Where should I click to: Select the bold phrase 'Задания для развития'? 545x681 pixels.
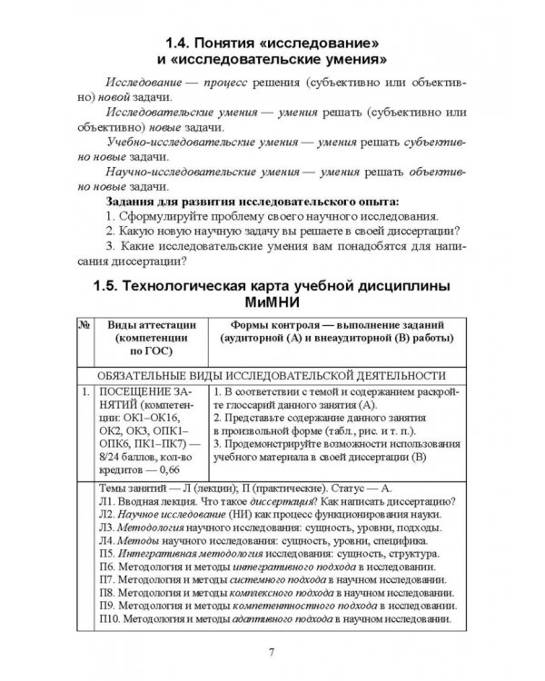click(x=175, y=201)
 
